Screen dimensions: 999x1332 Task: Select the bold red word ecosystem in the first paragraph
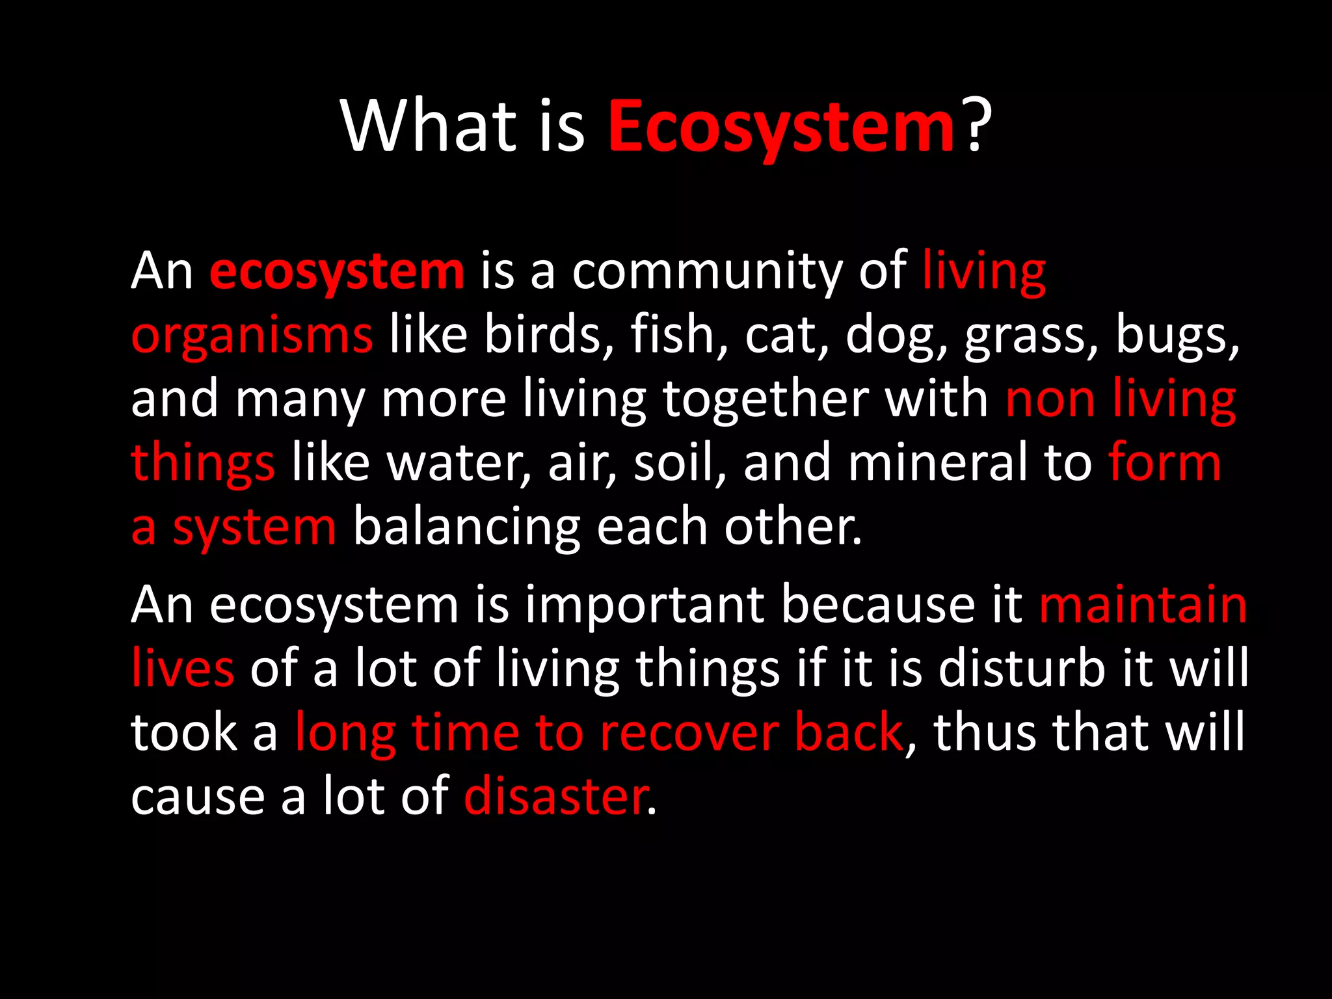(336, 272)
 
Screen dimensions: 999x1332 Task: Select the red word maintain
(1143, 605)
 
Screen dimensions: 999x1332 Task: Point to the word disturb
(1020, 669)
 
